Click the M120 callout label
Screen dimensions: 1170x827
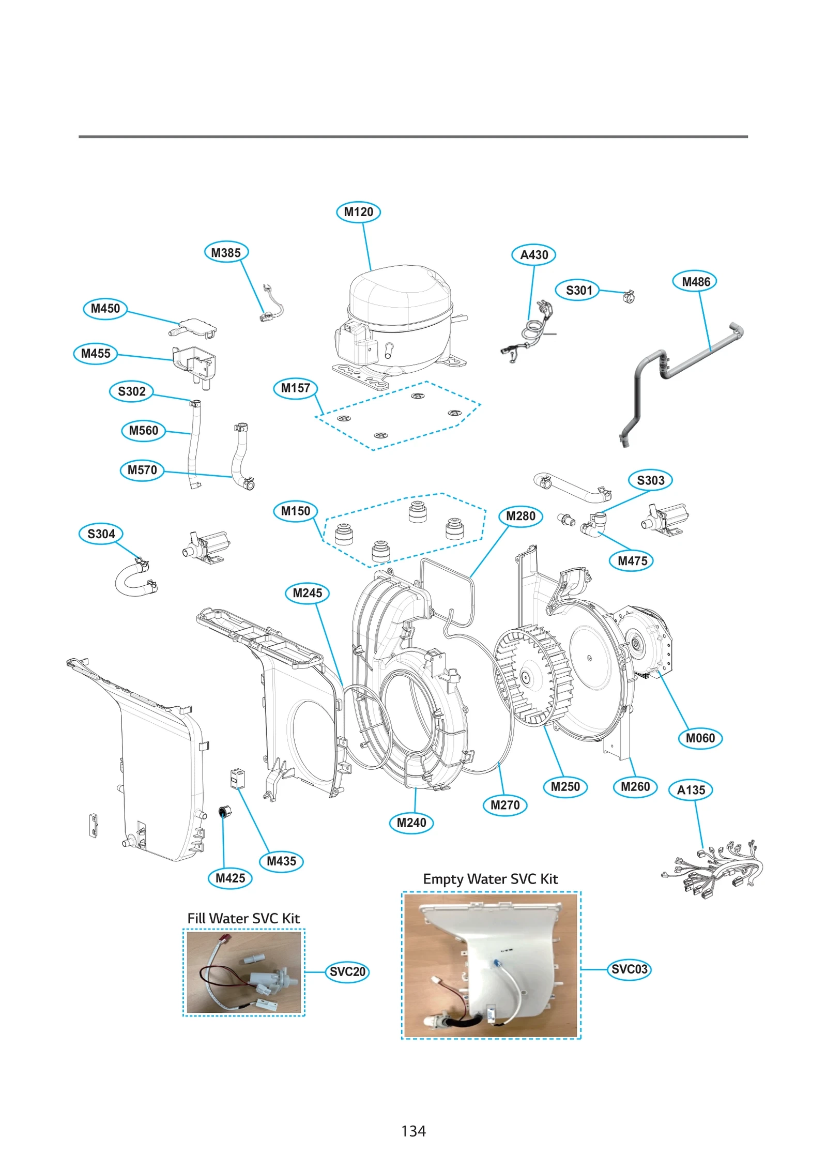(358, 212)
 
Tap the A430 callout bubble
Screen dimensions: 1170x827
(533, 255)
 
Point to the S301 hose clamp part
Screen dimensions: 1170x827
(629, 296)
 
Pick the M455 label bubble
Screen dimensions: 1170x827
(96, 354)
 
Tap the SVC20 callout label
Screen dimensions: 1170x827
(347, 971)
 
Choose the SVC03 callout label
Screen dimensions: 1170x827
(629, 969)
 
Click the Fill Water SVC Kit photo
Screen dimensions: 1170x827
(243, 972)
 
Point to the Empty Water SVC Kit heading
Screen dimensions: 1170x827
(490, 879)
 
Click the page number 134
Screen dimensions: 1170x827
(413, 1131)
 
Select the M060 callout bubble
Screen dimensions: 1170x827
(700, 738)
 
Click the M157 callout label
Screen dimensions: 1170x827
(295, 388)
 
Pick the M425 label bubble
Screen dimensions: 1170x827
(230, 878)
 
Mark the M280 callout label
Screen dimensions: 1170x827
(520, 516)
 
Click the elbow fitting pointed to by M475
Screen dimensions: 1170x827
(594, 525)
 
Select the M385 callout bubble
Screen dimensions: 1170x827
(226, 253)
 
